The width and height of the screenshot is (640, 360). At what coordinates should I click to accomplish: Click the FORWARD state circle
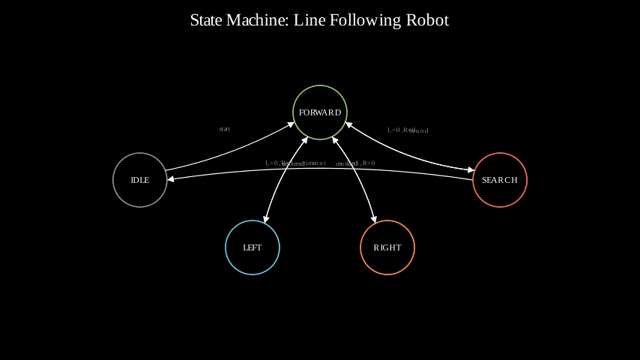pyautogui.click(x=320, y=112)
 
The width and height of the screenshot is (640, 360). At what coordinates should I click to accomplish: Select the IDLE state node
pyautogui.click(x=140, y=180)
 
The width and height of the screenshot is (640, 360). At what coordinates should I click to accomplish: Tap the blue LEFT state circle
pyautogui.click(x=253, y=247)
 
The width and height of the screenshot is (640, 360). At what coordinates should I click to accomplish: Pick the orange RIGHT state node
pyautogui.click(x=387, y=247)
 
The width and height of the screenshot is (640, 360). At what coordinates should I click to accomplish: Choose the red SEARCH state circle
pyautogui.click(x=500, y=180)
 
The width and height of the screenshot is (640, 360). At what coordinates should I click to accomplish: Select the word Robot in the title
pyautogui.click(x=427, y=20)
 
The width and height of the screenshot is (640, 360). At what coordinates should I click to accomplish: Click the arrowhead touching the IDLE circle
pyautogui.click(x=171, y=180)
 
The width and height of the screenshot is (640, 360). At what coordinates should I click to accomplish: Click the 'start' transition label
pyautogui.click(x=224, y=129)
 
